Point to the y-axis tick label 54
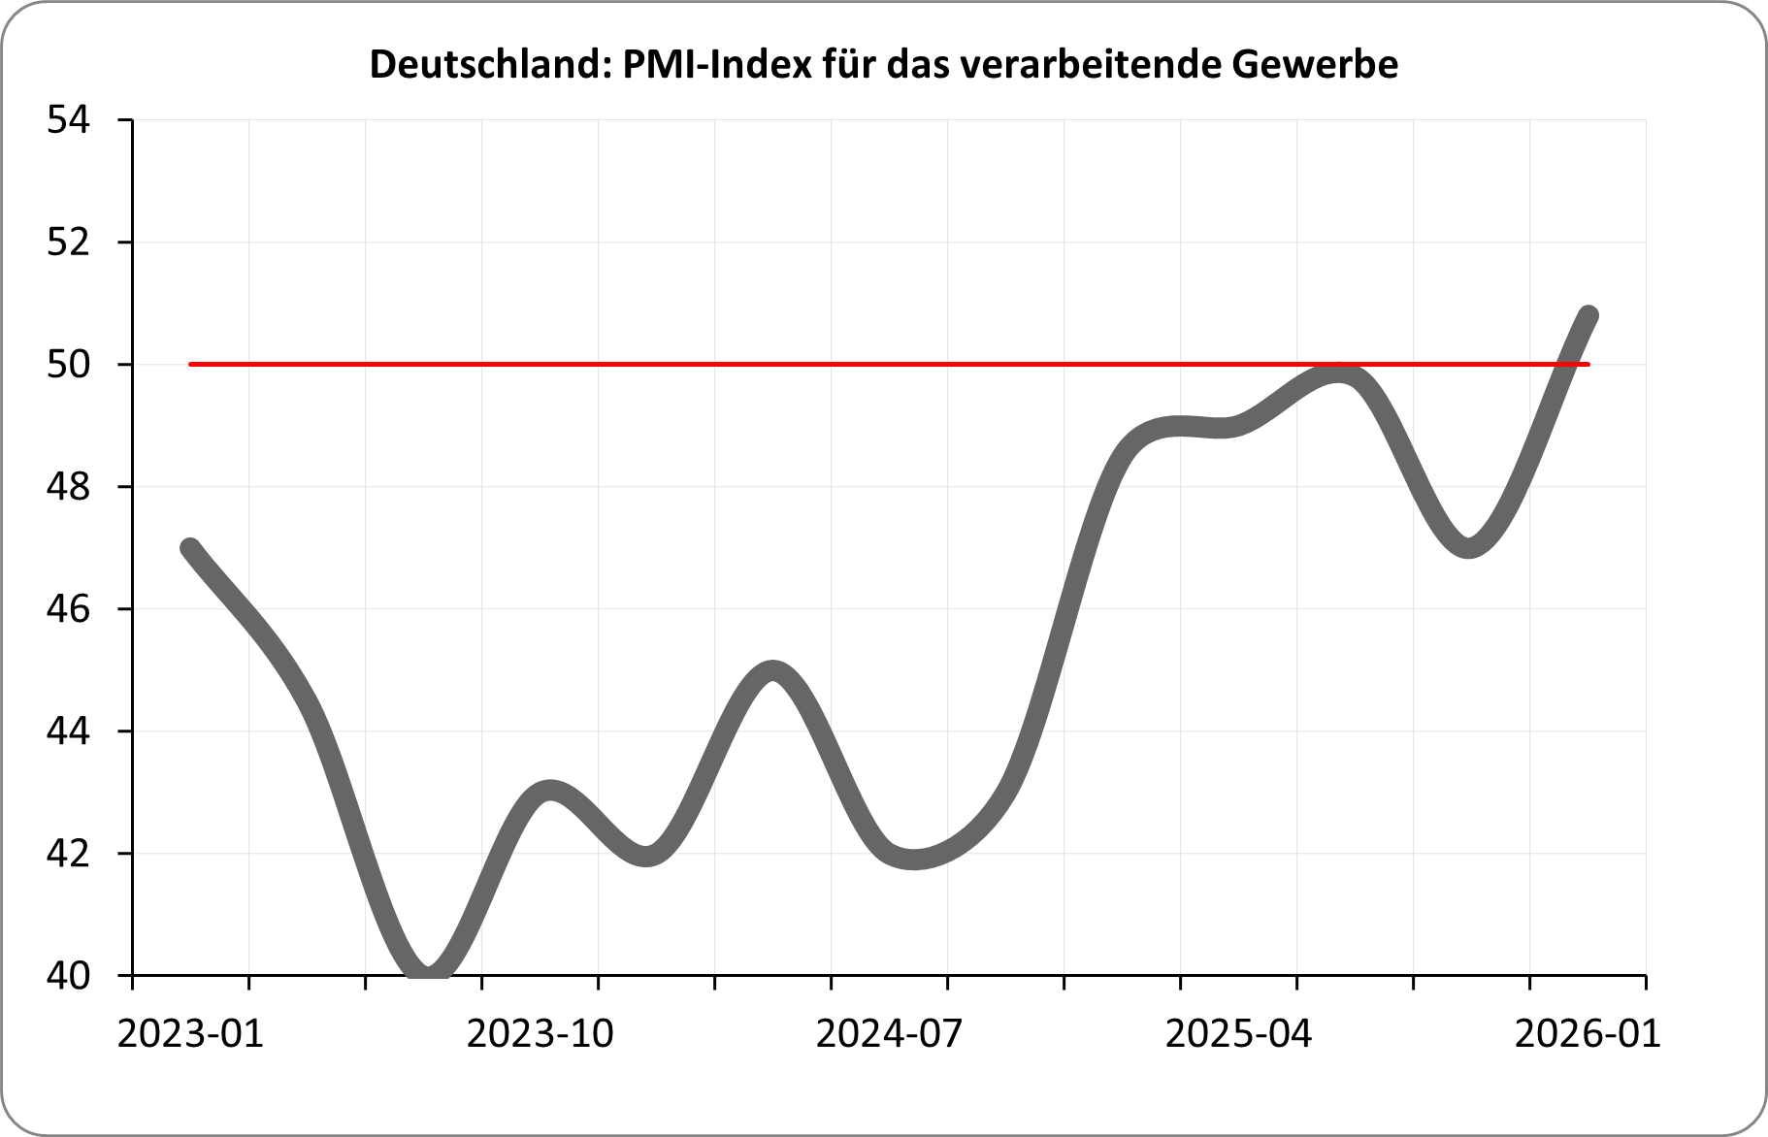[x=68, y=121]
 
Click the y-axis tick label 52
[x=68, y=243]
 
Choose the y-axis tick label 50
[x=68, y=365]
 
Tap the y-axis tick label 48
[x=68, y=487]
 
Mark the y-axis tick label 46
[x=68, y=609]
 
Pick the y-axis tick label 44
[x=68, y=731]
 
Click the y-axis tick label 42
[x=68, y=854]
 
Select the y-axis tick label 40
[x=68, y=975]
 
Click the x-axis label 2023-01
[x=190, y=1034]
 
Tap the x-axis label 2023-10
[x=540, y=1034]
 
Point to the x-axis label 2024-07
[x=889, y=1034]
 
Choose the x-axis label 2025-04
[x=1238, y=1034]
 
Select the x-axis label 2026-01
[x=1588, y=1034]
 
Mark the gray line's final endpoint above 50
[x=1588, y=314]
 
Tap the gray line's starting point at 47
[x=191, y=548]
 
